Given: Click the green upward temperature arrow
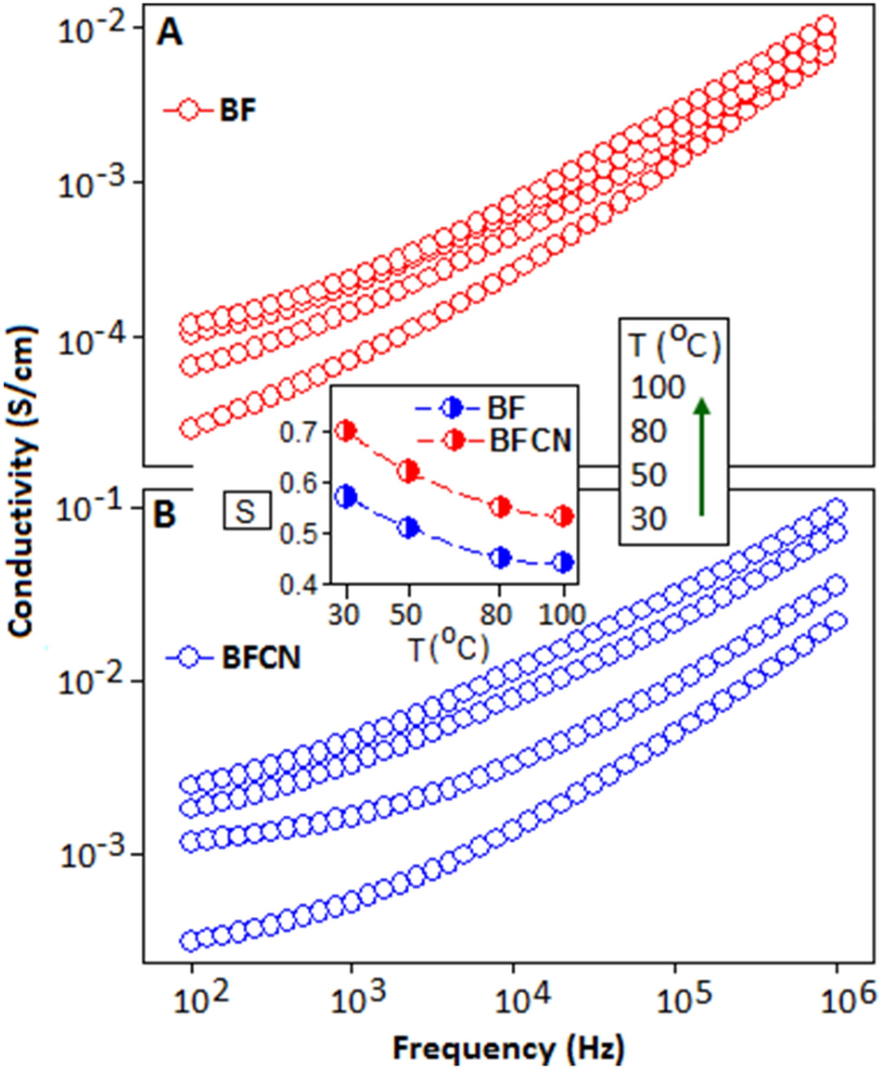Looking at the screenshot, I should [x=702, y=454].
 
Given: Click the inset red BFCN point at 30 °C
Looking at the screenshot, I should [x=346, y=430].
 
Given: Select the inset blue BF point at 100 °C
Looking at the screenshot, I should [x=563, y=562].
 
